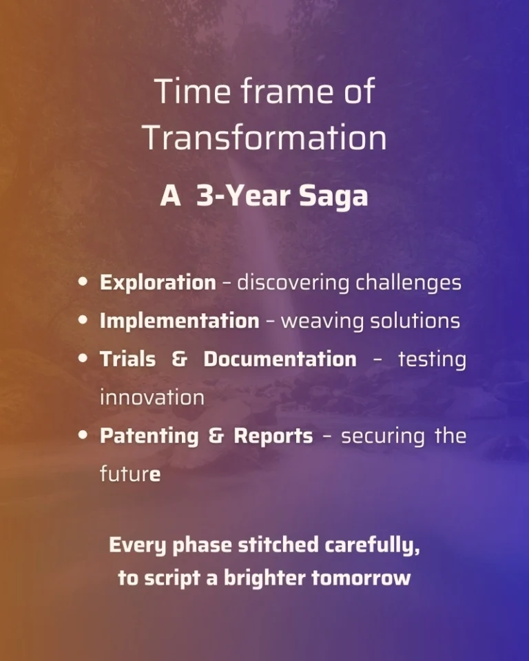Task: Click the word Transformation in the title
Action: (x=264, y=137)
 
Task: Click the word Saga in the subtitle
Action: (x=333, y=196)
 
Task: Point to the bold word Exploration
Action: (x=158, y=283)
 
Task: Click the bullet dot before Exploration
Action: (x=83, y=282)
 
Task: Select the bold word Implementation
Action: (x=179, y=321)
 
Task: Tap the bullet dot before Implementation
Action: (x=83, y=320)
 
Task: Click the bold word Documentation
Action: (x=280, y=359)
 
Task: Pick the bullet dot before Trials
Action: (x=83, y=358)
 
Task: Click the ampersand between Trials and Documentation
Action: (x=180, y=359)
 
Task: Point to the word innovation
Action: (x=152, y=397)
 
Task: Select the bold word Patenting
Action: (x=149, y=437)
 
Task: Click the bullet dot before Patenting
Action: (x=83, y=435)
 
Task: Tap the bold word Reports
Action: (x=273, y=437)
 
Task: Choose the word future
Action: (x=130, y=474)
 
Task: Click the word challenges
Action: (x=408, y=283)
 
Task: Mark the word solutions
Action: (x=415, y=322)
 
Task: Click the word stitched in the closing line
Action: (x=278, y=545)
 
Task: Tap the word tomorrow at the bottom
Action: (x=361, y=578)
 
